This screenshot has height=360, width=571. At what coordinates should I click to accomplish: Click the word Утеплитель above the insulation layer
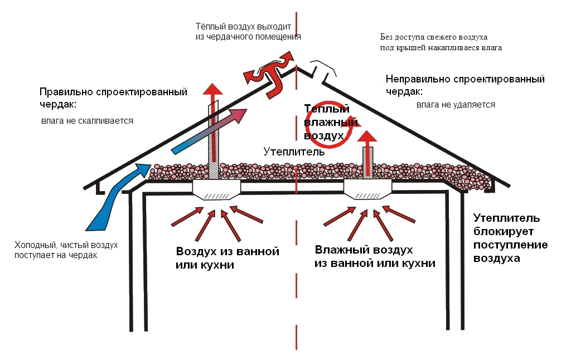coord(290,152)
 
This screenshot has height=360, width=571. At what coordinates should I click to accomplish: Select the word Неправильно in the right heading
coord(412,79)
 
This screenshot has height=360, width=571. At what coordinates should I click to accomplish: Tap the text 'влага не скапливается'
coord(87,120)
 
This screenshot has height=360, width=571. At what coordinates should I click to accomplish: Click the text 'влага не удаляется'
coord(456,105)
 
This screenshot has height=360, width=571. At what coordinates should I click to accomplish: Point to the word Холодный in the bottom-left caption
coord(33,245)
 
